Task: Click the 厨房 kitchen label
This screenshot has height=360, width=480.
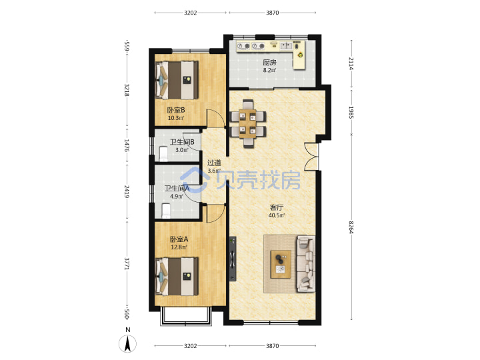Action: click(270, 63)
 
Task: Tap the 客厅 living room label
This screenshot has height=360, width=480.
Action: click(277, 207)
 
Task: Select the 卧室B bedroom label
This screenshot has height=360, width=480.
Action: click(176, 110)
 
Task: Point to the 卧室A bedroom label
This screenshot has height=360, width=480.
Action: click(179, 239)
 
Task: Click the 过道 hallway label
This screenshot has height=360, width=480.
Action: click(214, 163)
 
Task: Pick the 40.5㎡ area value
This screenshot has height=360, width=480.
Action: click(277, 215)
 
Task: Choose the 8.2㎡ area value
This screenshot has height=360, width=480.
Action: click(270, 70)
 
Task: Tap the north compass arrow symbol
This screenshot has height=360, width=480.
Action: click(127, 343)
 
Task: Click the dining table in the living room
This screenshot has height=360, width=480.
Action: click(247, 124)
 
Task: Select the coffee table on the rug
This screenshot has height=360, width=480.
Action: click(281, 264)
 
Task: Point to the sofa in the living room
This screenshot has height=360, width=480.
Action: click(305, 263)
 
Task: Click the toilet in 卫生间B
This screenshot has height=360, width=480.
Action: click(163, 153)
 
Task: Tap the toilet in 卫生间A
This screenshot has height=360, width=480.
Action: click(165, 210)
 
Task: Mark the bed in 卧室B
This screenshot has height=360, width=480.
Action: click(177, 80)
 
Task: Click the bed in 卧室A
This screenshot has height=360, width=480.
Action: click(177, 277)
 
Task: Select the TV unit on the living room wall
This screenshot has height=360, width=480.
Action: click(233, 259)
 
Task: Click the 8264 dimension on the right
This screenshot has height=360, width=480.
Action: click(351, 227)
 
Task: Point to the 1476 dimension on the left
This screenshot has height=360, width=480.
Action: click(127, 145)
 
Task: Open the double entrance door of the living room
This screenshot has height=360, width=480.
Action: click(312, 157)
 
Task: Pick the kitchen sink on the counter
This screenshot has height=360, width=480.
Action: click(286, 46)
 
